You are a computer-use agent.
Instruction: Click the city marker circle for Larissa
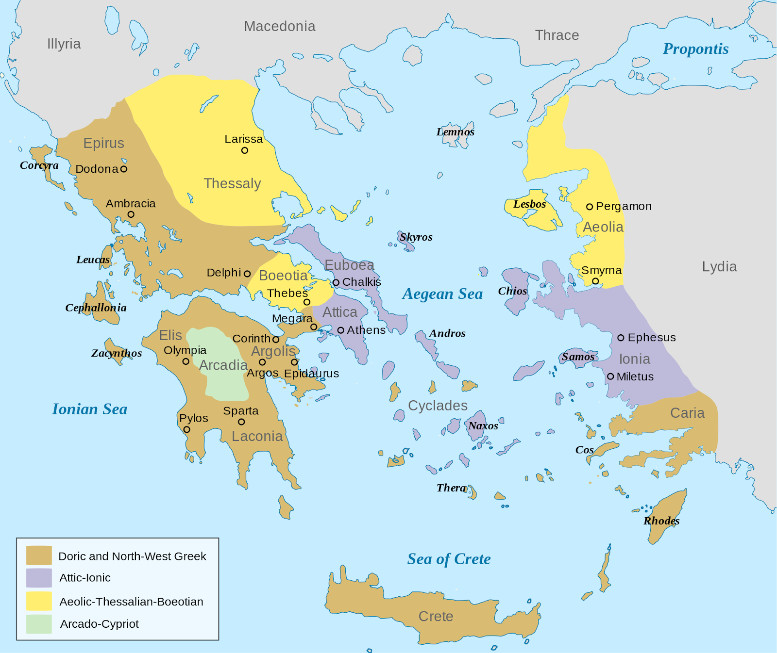point(245,150)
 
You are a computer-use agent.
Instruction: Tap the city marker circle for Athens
point(341,330)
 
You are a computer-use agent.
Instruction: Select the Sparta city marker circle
point(241,422)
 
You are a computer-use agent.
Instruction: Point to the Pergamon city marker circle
point(590,207)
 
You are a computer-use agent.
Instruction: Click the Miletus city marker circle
point(611,376)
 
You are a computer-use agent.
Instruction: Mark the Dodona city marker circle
point(124,169)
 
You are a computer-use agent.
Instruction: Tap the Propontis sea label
point(695,49)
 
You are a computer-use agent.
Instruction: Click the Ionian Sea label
point(90,409)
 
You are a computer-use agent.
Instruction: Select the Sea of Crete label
point(449,559)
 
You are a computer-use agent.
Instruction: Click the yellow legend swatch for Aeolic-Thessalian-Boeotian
point(39,601)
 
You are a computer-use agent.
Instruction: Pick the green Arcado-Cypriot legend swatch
point(39,624)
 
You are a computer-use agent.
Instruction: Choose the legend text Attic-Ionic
point(85,578)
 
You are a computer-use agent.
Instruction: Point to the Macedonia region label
point(280,26)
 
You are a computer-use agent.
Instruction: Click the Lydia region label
point(719,267)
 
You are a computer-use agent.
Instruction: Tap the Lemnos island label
point(455,132)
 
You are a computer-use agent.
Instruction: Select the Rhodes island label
point(661,521)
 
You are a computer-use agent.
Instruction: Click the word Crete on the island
point(436,616)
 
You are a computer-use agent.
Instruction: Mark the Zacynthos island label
point(117,353)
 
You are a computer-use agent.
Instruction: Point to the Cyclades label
point(438,406)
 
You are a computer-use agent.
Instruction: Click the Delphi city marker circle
point(247,274)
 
